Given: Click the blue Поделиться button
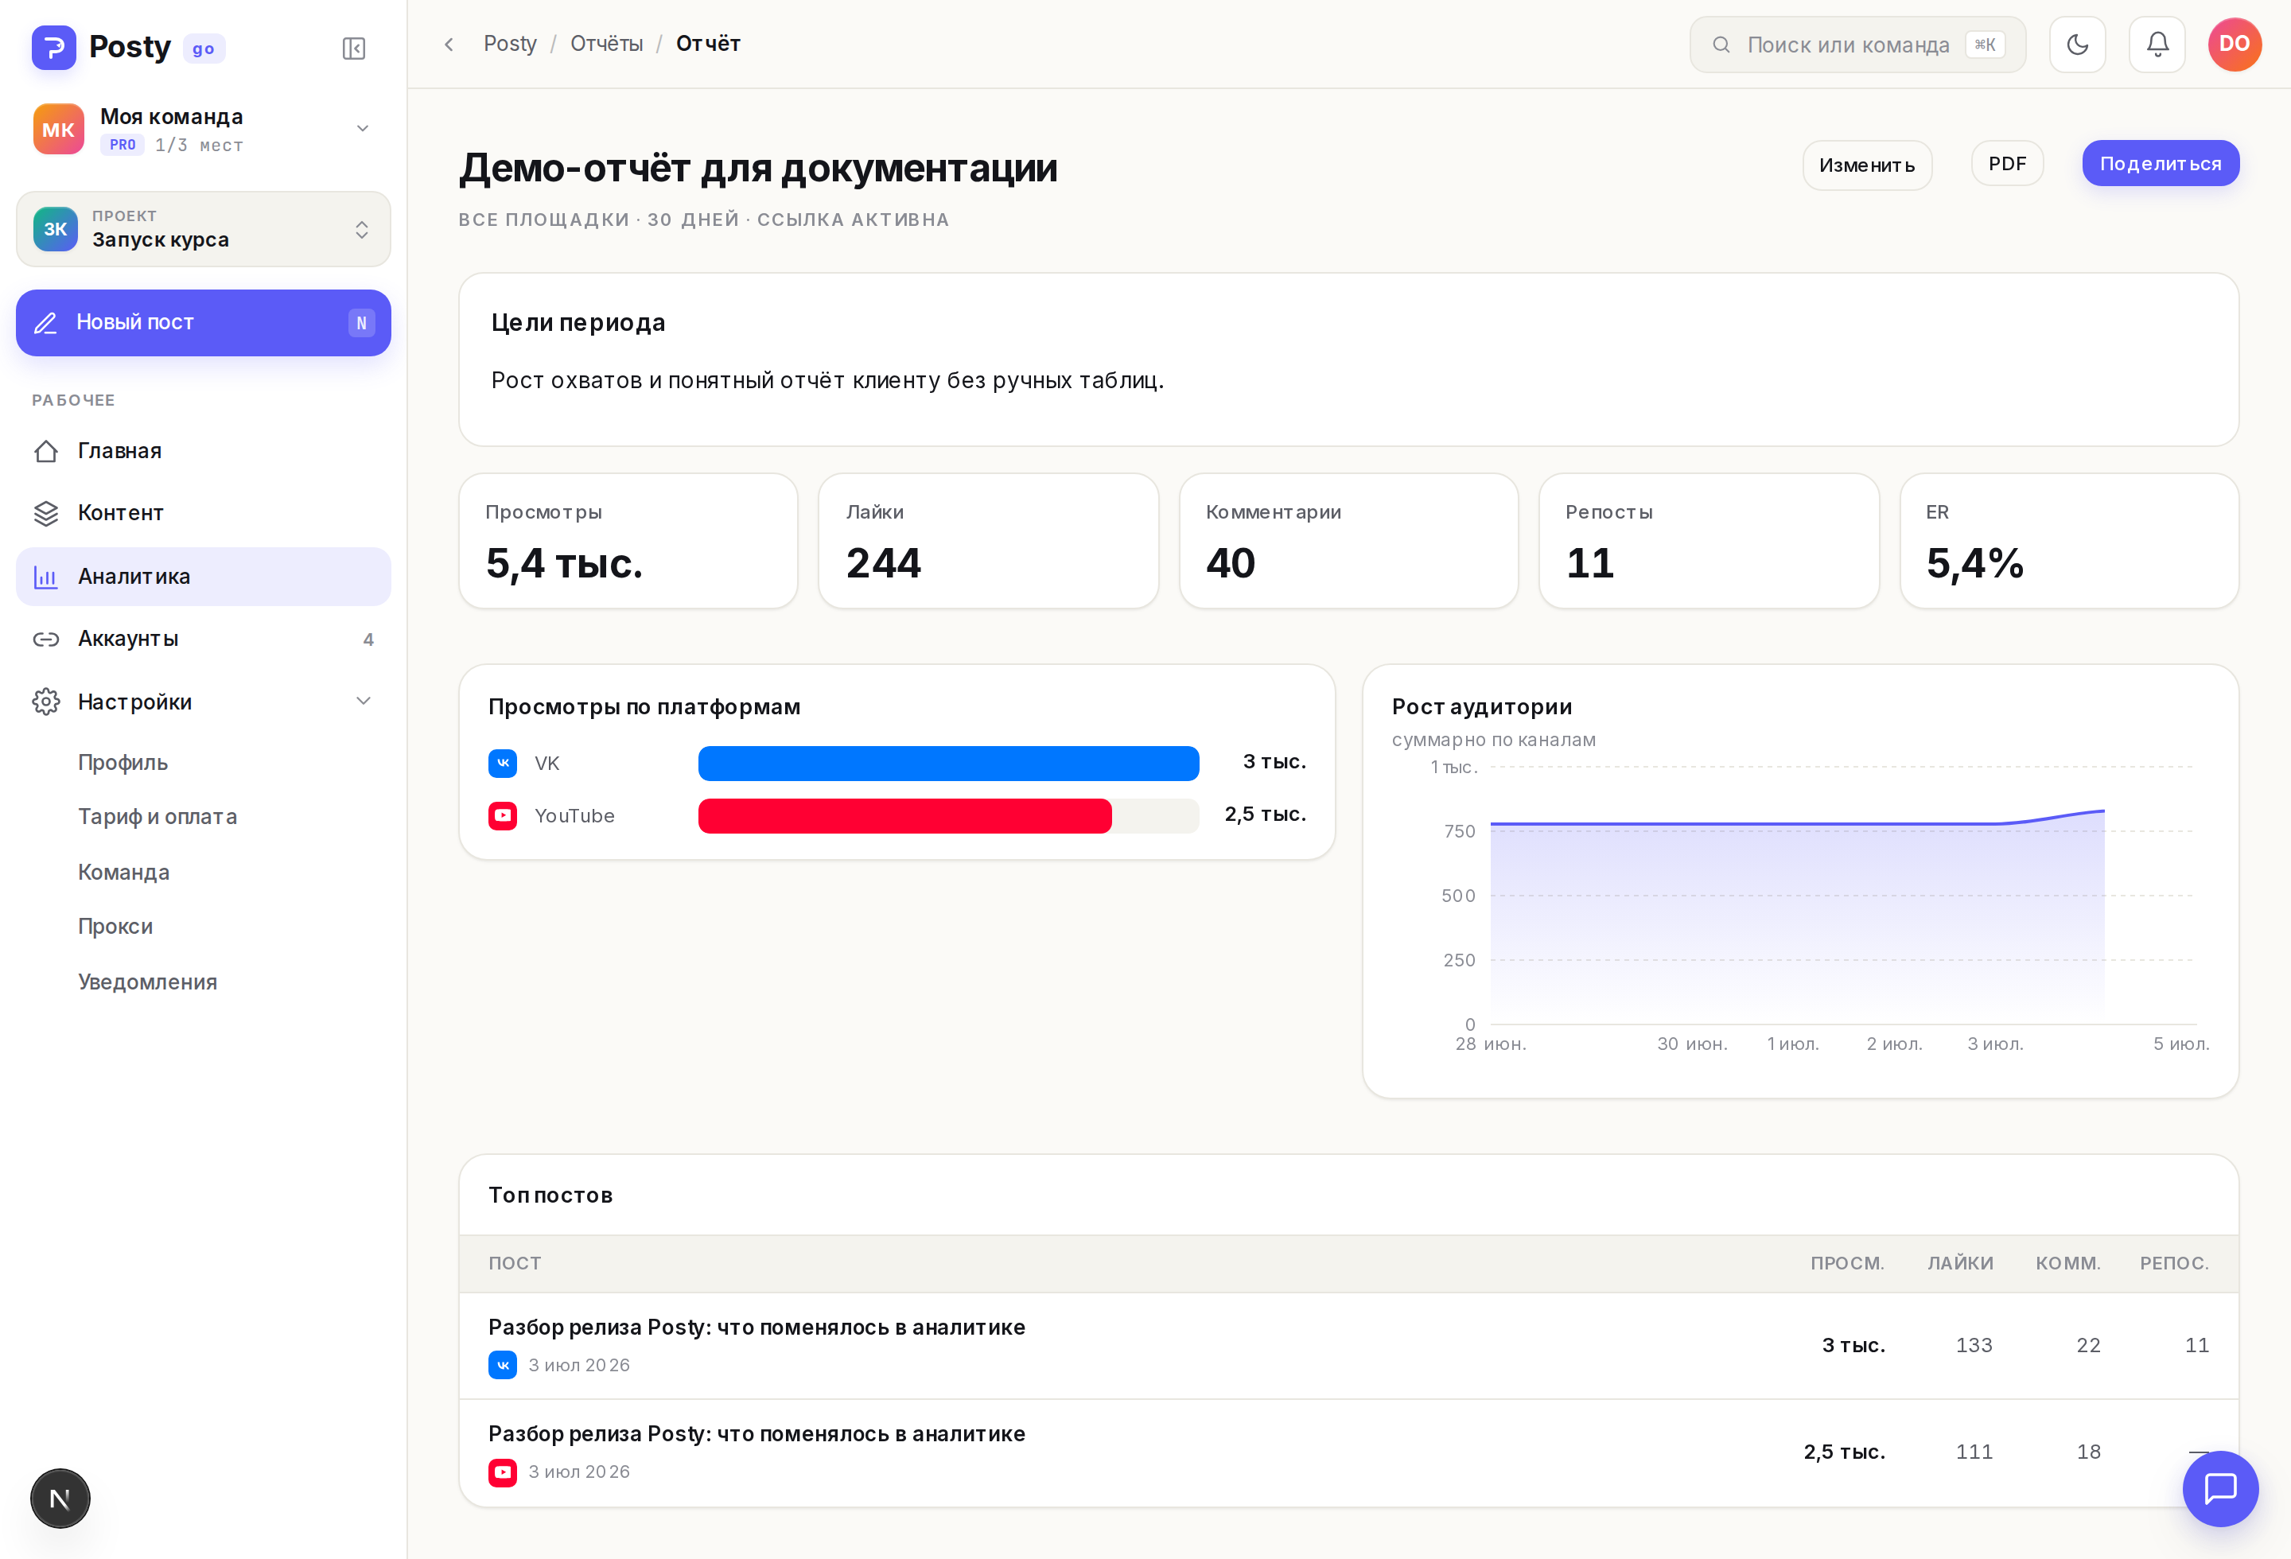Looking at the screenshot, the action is pos(2160,164).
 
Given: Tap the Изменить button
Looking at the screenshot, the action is pos(1867,165).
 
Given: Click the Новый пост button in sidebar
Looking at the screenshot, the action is pos(203,322).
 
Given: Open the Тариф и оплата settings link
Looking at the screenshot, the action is pos(158,817).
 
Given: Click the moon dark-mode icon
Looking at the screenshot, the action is pos(2077,45).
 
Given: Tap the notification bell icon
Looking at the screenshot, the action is pos(2157,45).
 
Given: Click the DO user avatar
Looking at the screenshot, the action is pos(2235,45).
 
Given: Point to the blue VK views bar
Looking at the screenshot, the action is pos(948,763).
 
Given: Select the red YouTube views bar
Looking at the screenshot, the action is pos(905,816).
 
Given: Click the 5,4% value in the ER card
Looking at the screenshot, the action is pos(1974,562).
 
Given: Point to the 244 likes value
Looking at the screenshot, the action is pos(883,562).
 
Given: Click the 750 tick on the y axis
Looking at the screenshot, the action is pos(1459,832).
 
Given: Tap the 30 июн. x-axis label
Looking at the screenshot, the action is pos(1692,1044).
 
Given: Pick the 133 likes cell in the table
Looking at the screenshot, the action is pos(1974,1345).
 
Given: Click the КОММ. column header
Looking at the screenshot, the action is pos(2068,1263).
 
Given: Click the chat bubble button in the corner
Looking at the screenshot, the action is pos(2220,1488).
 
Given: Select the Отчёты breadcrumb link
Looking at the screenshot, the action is pos(606,45).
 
